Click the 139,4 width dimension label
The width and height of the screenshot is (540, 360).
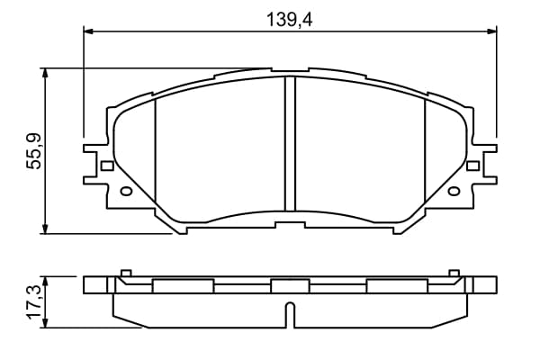[290, 20]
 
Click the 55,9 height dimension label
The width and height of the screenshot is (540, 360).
[34, 151]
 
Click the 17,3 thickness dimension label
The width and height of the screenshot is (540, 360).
[34, 301]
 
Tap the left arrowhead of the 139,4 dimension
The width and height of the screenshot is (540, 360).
[88, 31]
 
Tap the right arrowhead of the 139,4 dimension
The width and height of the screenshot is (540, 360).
[491, 31]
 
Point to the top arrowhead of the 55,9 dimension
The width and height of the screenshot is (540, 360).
[45, 73]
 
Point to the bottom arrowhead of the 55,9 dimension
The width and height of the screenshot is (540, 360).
[45, 229]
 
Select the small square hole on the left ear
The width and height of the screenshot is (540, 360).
[107, 166]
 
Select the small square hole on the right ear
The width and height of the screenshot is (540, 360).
[472, 166]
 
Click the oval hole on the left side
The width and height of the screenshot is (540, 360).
[126, 191]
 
